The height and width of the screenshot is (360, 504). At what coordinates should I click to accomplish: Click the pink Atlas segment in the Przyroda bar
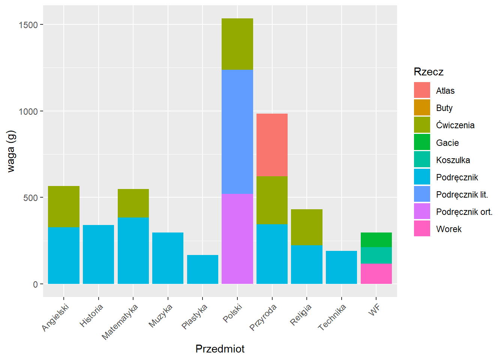click(272, 145)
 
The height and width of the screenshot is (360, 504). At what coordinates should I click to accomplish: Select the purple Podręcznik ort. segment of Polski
click(237, 239)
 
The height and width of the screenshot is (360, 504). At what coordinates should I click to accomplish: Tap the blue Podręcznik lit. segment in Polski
click(237, 132)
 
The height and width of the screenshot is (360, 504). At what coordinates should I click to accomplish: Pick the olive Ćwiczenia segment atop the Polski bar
click(237, 44)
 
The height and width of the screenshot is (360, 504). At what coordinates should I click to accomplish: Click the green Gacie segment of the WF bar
click(376, 240)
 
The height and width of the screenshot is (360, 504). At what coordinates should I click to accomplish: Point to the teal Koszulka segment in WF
click(376, 255)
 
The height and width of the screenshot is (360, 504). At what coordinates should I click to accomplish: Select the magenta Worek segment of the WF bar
click(376, 274)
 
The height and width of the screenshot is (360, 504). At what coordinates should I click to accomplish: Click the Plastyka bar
click(202, 269)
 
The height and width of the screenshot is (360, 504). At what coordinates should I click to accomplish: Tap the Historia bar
click(98, 254)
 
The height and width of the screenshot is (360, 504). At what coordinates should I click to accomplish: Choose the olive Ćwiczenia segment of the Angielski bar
click(64, 206)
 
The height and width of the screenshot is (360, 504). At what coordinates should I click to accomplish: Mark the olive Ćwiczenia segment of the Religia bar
click(307, 227)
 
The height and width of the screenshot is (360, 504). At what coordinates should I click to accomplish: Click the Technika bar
click(341, 267)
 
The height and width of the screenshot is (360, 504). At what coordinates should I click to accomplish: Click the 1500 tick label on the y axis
click(28, 25)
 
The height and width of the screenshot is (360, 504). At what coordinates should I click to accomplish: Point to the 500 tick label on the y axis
click(30, 198)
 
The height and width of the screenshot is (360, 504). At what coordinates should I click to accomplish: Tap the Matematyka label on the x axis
click(120, 322)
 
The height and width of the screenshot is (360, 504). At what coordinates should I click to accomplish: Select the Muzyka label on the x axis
click(160, 316)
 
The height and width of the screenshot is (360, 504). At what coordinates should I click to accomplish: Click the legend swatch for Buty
click(422, 108)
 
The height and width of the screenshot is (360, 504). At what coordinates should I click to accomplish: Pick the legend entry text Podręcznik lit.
click(462, 195)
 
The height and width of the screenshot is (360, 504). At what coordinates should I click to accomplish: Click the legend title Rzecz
click(428, 72)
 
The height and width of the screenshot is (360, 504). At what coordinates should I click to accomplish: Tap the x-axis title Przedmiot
click(220, 349)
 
